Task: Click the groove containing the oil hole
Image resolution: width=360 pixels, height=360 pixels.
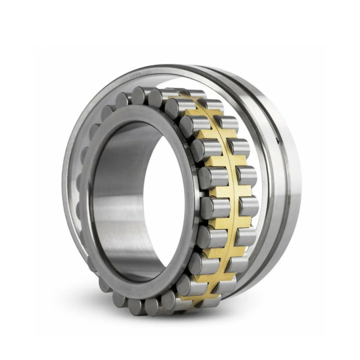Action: [x=274, y=180]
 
